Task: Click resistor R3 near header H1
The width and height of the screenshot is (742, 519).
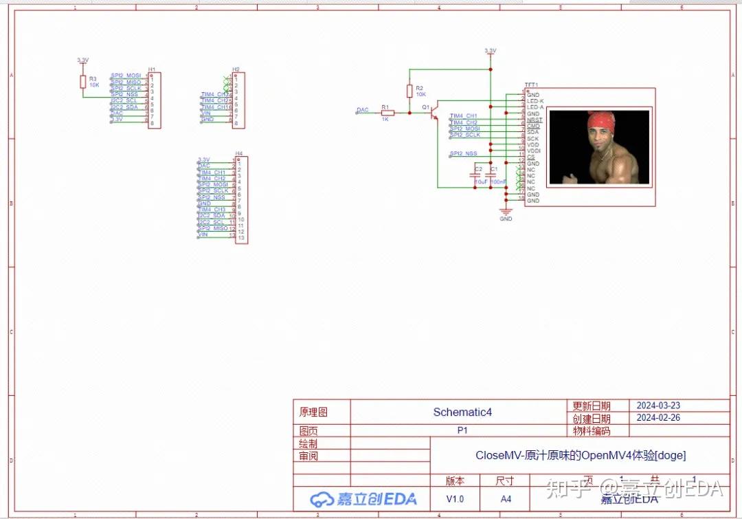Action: point(83,82)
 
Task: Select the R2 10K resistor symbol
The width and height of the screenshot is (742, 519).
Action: point(409,91)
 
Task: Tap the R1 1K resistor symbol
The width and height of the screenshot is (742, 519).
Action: point(387,113)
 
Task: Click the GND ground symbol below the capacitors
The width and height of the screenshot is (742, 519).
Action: point(506,213)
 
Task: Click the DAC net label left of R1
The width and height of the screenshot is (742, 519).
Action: point(363,110)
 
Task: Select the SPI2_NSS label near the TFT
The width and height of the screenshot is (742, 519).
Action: point(463,153)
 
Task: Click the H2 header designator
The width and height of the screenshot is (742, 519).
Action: point(236,69)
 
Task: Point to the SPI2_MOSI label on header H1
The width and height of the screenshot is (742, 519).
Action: point(126,75)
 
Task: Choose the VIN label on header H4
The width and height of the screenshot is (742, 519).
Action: point(203,234)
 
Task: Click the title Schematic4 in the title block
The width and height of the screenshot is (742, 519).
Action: point(462,412)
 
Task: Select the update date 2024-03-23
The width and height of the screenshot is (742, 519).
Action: point(657,406)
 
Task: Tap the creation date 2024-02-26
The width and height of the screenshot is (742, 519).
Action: point(657,418)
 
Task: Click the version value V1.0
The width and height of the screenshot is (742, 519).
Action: point(455,498)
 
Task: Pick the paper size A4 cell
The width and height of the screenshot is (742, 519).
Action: point(506,498)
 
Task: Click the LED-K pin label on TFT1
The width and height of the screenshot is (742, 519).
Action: point(535,101)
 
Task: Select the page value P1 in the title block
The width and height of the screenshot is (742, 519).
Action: point(462,430)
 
